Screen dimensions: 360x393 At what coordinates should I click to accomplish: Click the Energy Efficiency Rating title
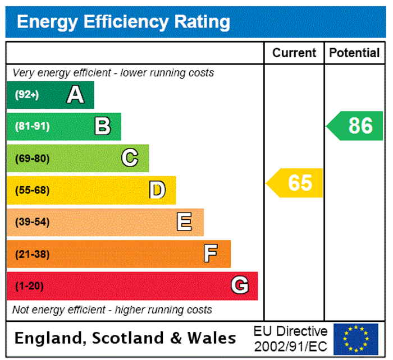coord(124,22)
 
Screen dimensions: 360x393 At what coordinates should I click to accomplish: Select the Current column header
coord(294,53)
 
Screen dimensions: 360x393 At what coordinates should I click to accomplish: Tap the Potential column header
coord(354,53)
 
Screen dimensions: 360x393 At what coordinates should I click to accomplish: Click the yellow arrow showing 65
coord(296,183)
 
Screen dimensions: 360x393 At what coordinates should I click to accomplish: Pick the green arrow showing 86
coord(356,126)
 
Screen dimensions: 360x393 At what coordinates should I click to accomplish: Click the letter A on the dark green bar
coord(75,95)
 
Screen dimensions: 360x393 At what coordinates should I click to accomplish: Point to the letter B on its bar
coord(102,126)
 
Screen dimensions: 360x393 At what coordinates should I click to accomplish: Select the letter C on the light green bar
coord(130,158)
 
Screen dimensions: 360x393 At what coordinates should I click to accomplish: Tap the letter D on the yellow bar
coord(157,190)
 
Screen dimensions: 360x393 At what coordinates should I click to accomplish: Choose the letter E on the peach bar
coord(184,222)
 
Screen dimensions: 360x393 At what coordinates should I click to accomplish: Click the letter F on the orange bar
coord(211,254)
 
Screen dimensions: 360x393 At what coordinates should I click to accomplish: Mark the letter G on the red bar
coord(239,286)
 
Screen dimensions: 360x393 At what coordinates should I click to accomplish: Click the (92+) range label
coord(27,95)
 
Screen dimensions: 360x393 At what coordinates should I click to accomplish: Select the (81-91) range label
coord(32,126)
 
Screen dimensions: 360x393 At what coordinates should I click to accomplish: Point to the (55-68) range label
coord(32,190)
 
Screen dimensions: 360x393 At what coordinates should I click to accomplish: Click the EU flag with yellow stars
coord(355,339)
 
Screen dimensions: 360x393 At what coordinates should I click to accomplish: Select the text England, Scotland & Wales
coord(125,338)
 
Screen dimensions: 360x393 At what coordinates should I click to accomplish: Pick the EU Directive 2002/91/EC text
coord(290,339)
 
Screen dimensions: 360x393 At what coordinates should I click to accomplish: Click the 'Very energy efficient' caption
coord(113,73)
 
